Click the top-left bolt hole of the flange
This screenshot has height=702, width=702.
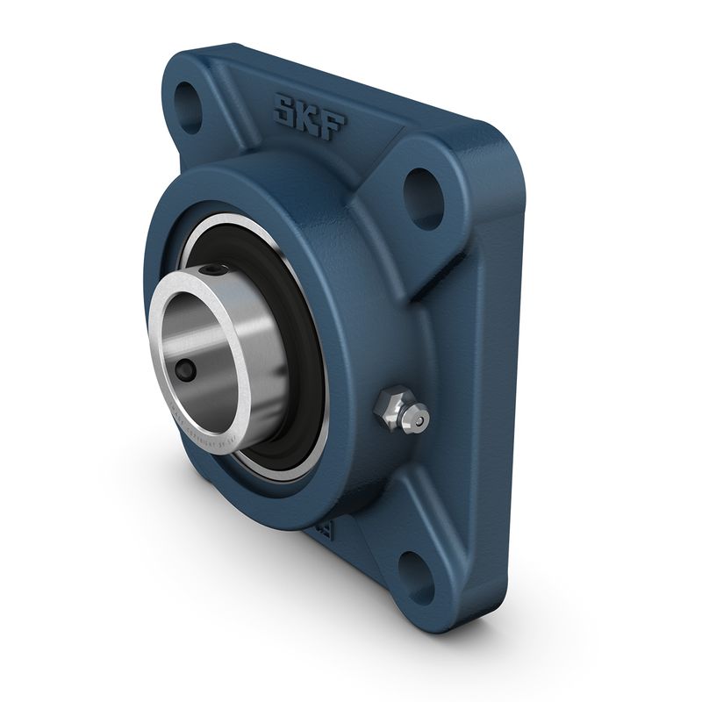pos(189,96)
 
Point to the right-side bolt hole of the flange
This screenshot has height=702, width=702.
pos(423,187)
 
